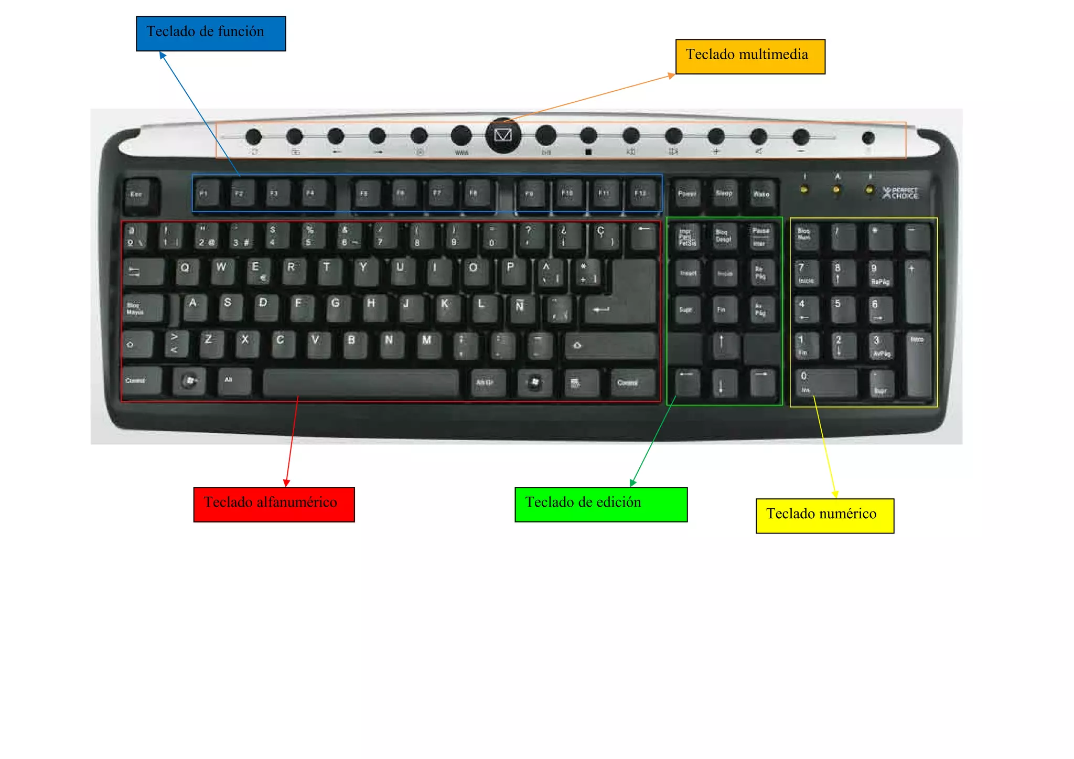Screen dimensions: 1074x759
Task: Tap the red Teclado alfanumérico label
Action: click(274, 504)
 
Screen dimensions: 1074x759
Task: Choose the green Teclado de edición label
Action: click(600, 504)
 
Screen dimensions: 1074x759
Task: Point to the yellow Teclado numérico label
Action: click(824, 516)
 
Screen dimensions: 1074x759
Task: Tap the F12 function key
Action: click(641, 194)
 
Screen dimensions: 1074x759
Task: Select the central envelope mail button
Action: click(503, 135)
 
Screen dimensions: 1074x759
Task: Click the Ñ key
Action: click(520, 307)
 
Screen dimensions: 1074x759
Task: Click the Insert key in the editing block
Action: click(688, 274)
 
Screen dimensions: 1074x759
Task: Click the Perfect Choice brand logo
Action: click(900, 193)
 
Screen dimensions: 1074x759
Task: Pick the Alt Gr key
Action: click(486, 382)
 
